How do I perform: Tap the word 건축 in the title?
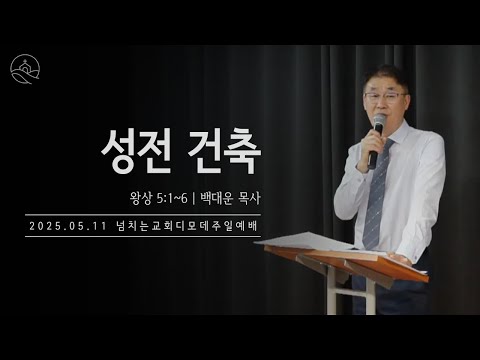(x=225, y=151)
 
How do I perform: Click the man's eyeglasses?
(x=386, y=96)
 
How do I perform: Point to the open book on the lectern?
(x=300, y=241)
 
